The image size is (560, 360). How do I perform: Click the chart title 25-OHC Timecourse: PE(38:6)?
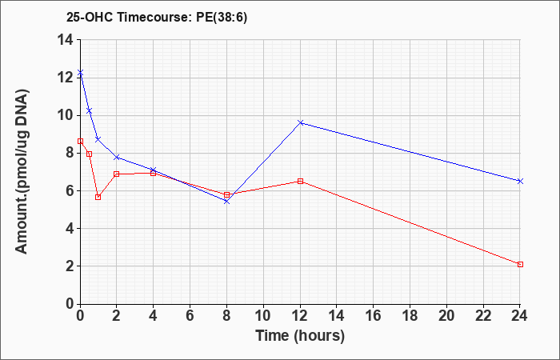tap(157, 17)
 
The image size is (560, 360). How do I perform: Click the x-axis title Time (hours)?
tap(300, 336)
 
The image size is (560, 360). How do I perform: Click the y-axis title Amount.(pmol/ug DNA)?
tap(22, 171)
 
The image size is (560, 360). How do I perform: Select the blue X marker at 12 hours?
tap(300, 122)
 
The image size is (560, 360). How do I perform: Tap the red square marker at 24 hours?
tap(520, 264)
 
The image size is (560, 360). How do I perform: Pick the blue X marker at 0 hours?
tap(80, 73)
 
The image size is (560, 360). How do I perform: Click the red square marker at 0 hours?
tap(80, 141)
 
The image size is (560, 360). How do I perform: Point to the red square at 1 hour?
tap(98, 197)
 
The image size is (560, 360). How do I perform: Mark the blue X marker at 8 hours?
tap(226, 202)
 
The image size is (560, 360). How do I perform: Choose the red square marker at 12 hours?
tap(300, 181)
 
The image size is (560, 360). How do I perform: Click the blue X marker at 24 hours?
tap(520, 181)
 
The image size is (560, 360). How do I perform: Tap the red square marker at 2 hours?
tap(117, 174)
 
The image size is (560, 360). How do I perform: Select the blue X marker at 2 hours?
tap(117, 157)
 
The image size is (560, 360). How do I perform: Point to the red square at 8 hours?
tap(226, 194)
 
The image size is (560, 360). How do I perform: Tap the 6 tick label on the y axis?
tap(70, 190)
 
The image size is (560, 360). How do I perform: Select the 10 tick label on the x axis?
tap(263, 315)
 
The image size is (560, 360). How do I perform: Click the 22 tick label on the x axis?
tap(483, 315)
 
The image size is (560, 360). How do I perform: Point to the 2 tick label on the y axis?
tap(70, 266)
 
